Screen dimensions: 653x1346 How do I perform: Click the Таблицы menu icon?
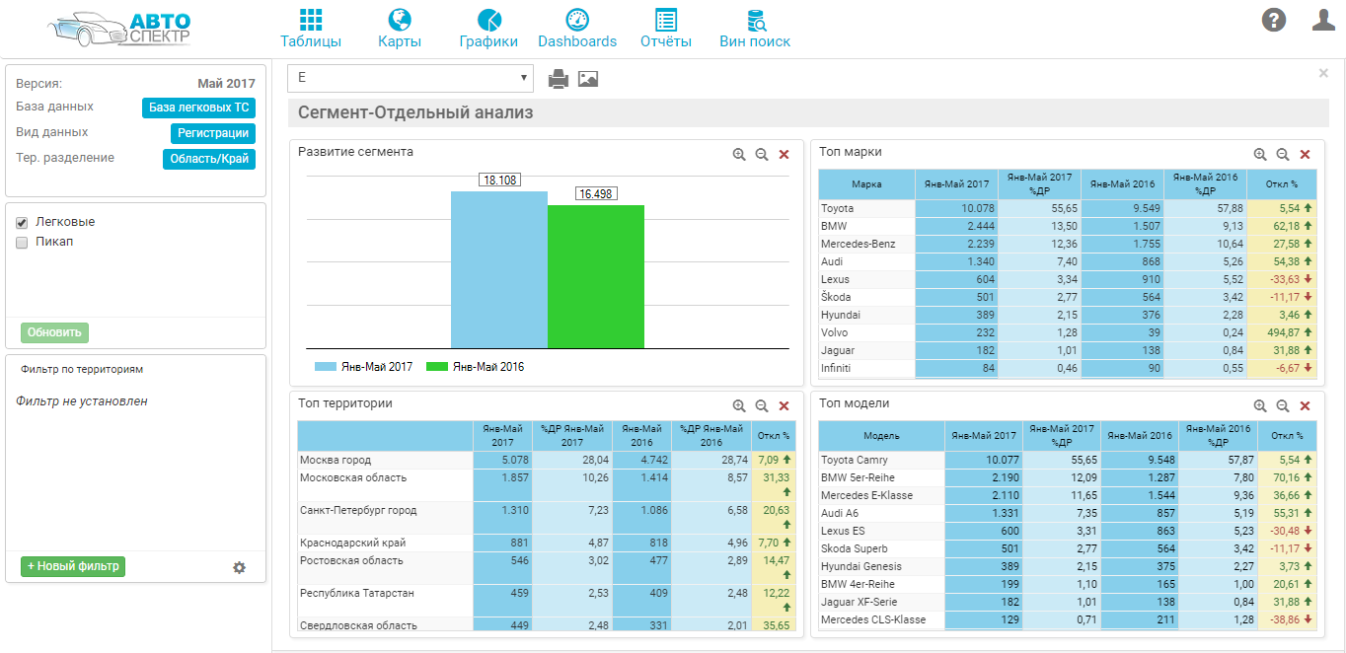(x=311, y=21)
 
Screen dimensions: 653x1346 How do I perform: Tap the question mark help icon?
(x=1274, y=20)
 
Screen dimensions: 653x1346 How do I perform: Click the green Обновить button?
(x=54, y=332)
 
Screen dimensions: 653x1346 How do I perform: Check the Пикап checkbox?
(x=22, y=242)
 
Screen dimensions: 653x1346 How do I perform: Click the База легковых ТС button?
(x=198, y=108)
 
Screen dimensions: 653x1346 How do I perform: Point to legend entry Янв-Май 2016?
(x=477, y=367)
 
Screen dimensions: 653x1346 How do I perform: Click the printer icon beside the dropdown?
(x=559, y=79)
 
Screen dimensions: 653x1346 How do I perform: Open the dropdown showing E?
(x=410, y=78)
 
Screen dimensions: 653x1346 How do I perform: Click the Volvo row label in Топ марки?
(x=835, y=333)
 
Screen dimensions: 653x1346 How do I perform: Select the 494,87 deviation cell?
(x=1279, y=333)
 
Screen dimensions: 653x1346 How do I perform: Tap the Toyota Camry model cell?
(x=855, y=461)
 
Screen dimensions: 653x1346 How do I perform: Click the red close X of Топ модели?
(x=1305, y=405)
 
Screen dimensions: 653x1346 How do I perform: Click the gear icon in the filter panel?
(x=239, y=567)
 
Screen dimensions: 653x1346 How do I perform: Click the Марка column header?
(x=866, y=184)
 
